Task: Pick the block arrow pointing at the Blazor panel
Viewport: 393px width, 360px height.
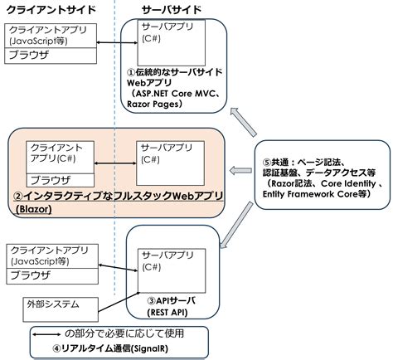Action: coord(241,170)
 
